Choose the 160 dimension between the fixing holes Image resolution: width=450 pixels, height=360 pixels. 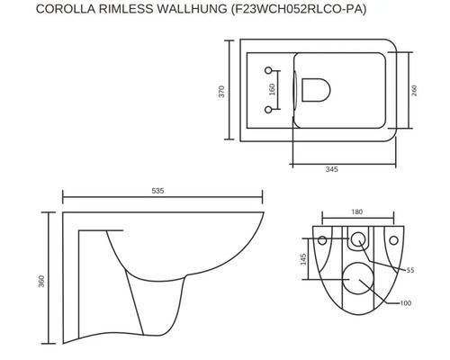click(x=273, y=90)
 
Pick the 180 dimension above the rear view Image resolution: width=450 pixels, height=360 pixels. click(x=358, y=213)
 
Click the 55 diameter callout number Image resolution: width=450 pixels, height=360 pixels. click(x=409, y=269)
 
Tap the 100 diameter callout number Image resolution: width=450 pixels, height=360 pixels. click(x=406, y=302)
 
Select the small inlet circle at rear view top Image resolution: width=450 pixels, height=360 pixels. click(x=359, y=240)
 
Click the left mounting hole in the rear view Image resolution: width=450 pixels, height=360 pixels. click(x=322, y=241)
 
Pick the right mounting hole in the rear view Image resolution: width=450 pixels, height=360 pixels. click(x=396, y=241)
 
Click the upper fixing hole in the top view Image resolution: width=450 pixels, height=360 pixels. click(x=270, y=70)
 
